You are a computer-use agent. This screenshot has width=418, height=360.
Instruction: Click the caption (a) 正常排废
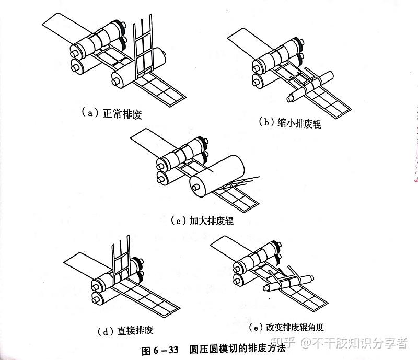(x=112, y=112)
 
